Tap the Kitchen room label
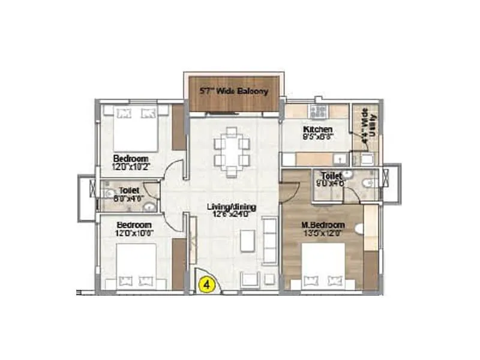[x=317, y=130]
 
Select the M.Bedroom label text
[x=322, y=225]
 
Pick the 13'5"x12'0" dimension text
[x=322, y=233]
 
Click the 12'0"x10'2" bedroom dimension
[x=131, y=167]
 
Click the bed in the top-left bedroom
[x=135, y=127]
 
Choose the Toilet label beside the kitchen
[x=331, y=176]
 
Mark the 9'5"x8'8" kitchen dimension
[x=318, y=137]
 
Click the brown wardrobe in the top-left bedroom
[x=179, y=128]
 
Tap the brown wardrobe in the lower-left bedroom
[x=179, y=264]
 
